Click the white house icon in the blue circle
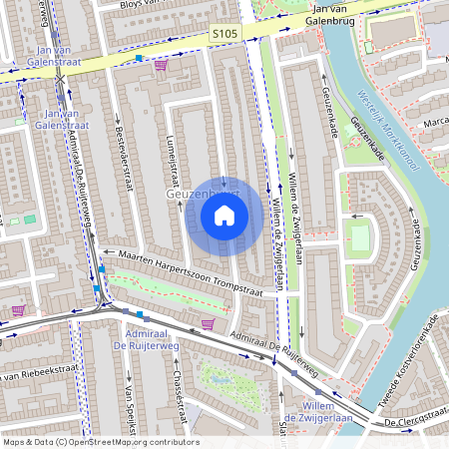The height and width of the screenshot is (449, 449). click(x=224, y=215)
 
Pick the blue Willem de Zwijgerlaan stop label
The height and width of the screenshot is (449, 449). click(x=317, y=413)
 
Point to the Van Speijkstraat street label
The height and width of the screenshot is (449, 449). click(x=128, y=409)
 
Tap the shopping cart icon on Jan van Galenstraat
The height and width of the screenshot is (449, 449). click(x=161, y=64)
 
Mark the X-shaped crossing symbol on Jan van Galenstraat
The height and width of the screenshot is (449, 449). click(x=61, y=78)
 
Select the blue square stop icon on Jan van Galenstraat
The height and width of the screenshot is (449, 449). click(x=139, y=58)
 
